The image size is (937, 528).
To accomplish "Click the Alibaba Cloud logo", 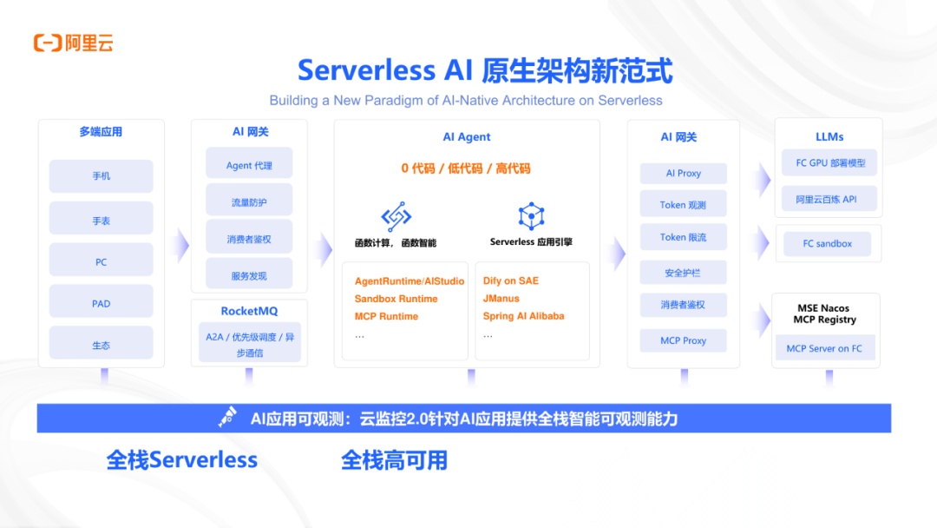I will click(x=73, y=43).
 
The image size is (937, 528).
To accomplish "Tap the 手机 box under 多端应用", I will click(x=101, y=176).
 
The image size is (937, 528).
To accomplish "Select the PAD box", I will click(x=101, y=304).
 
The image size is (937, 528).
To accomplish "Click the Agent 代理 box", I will click(x=249, y=166).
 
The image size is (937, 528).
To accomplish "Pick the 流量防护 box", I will click(x=249, y=202).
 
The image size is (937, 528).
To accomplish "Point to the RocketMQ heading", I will click(x=249, y=311).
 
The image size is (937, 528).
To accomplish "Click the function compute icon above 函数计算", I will click(x=396, y=216).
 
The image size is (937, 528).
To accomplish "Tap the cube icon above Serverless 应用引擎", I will click(x=531, y=216).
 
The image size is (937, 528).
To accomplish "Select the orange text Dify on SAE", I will click(x=511, y=281).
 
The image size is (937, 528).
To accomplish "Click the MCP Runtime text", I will click(x=386, y=316).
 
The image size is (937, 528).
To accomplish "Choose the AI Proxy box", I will click(x=683, y=174).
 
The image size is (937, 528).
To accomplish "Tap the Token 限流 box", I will click(x=683, y=237).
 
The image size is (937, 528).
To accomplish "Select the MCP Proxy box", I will click(x=683, y=340).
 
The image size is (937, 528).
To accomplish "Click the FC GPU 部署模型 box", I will click(x=829, y=162).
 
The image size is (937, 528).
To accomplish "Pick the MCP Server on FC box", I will click(x=824, y=349).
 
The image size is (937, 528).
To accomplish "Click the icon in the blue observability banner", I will click(x=227, y=418).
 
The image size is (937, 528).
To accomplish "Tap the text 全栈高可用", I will click(x=394, y=459).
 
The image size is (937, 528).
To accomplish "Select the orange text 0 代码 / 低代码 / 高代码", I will click(x=466, y=168).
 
